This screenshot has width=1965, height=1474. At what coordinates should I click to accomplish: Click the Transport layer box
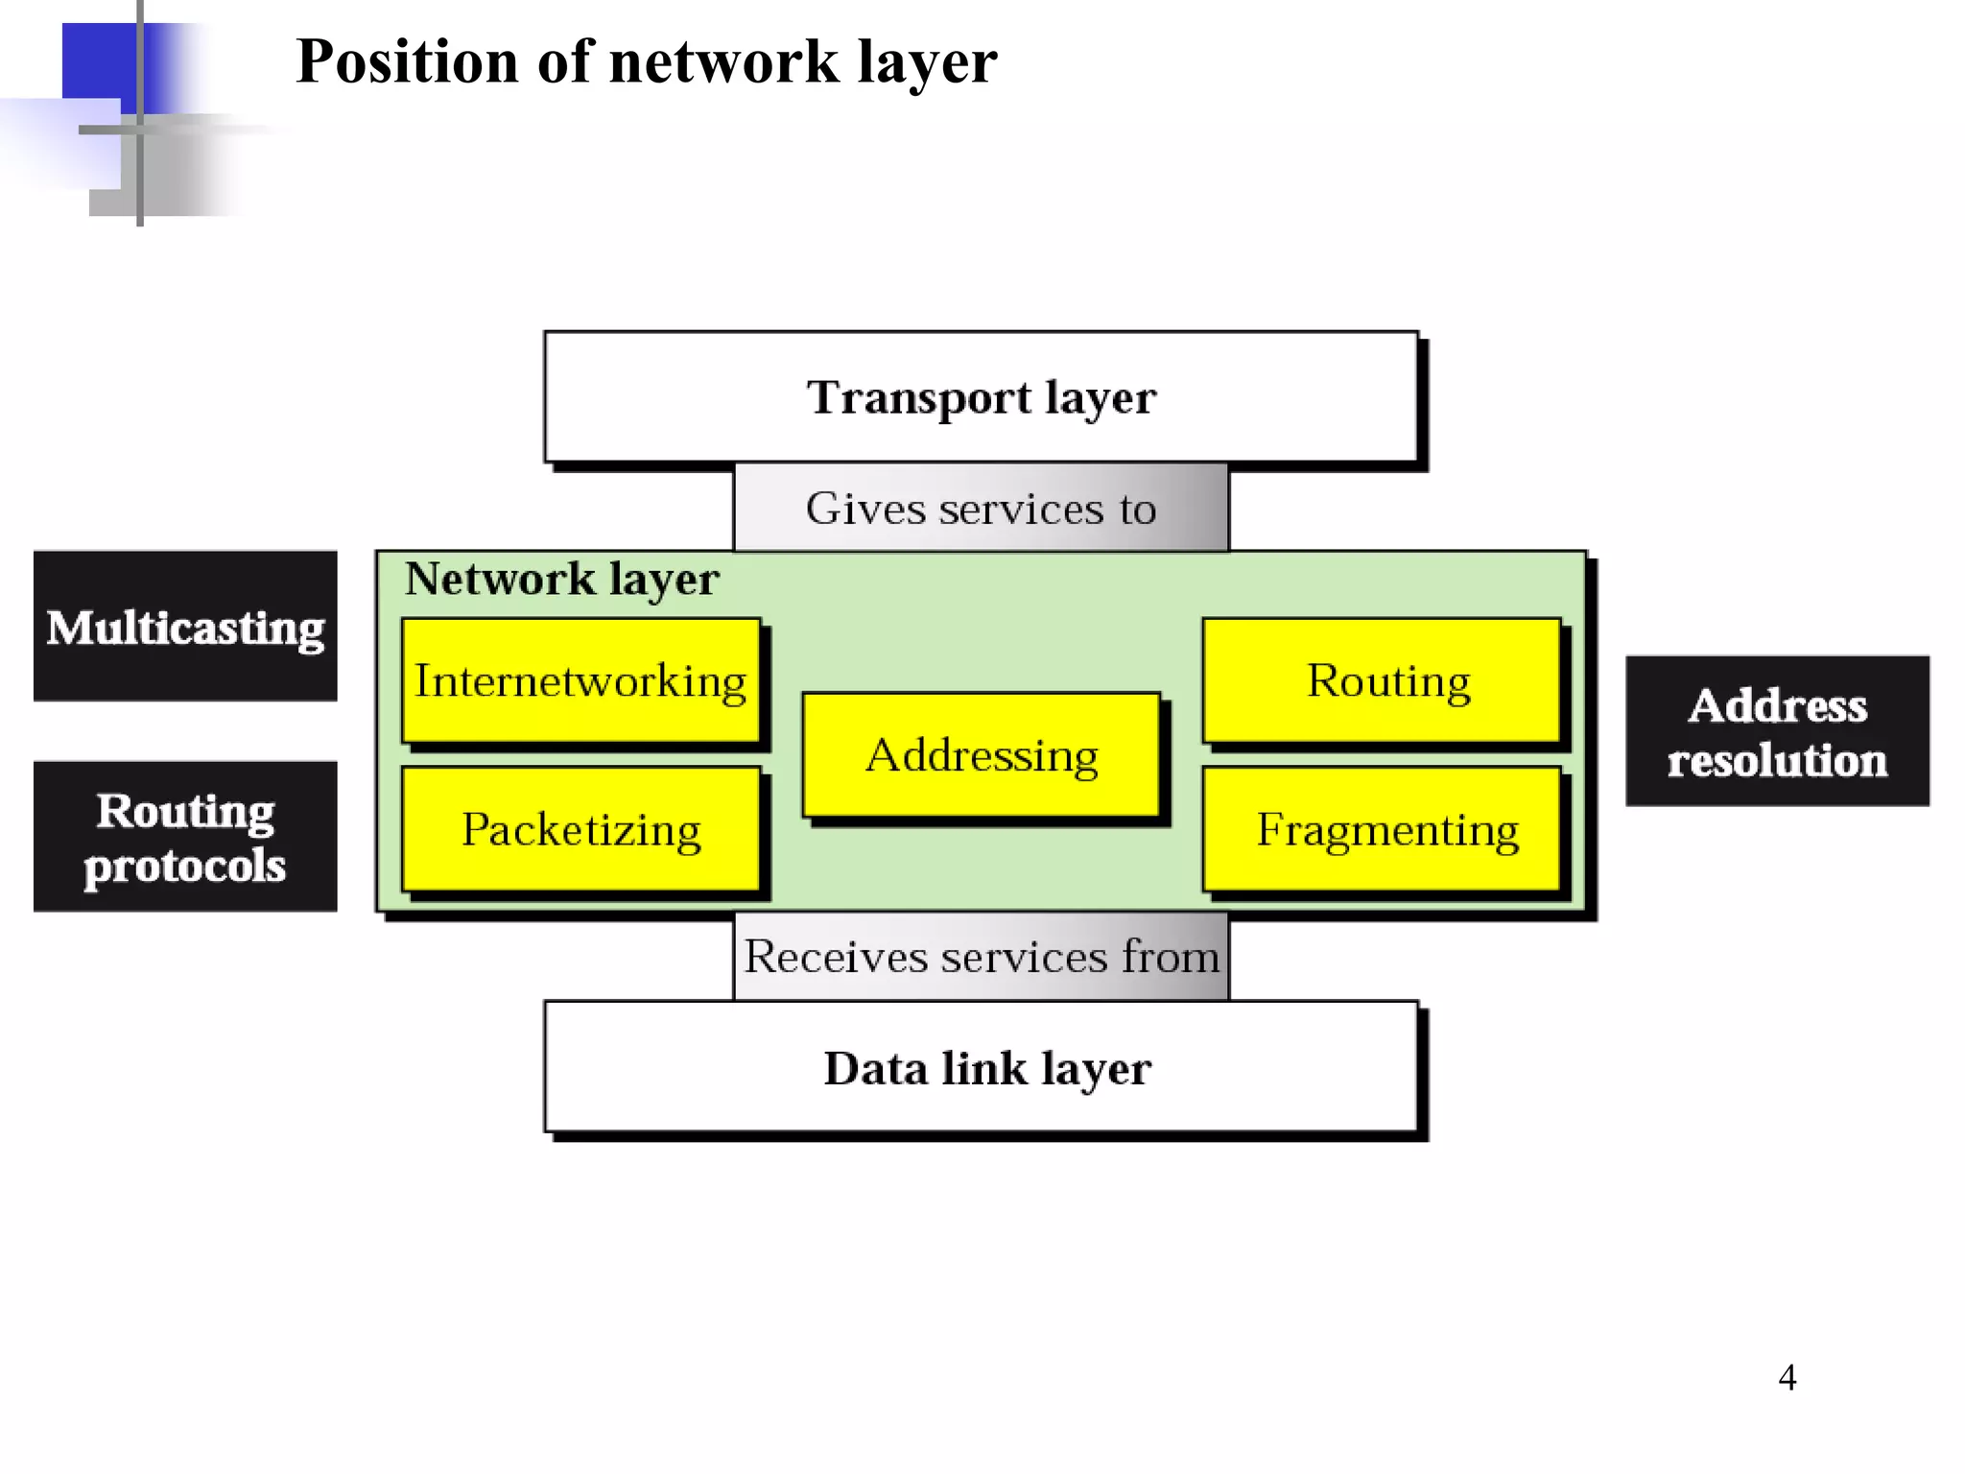coord(981,396)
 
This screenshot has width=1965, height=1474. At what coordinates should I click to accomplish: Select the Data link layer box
coord(981,1067)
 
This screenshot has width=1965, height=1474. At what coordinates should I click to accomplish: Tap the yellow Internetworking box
coord(580,680)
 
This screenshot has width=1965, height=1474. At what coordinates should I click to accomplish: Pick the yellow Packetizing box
coord(580,829)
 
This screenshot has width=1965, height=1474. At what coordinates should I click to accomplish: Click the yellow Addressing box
coord(981,755)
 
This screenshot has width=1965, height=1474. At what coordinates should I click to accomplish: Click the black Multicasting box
coord(185,627)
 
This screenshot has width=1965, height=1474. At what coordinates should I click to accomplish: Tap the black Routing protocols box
coord(185,837)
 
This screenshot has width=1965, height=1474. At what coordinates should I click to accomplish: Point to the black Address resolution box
coord(1777,731)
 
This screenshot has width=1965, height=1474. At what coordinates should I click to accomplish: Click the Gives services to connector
coord(981,508)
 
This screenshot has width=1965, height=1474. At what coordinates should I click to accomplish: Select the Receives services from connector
coord(981,956)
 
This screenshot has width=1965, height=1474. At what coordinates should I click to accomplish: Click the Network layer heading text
coord(561,580)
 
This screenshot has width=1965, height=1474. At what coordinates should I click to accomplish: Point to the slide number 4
coord(1787,1378)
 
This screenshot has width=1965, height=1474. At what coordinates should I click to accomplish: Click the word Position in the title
coord(408,62)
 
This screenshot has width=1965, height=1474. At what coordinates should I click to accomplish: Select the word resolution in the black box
coord(1777,761)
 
